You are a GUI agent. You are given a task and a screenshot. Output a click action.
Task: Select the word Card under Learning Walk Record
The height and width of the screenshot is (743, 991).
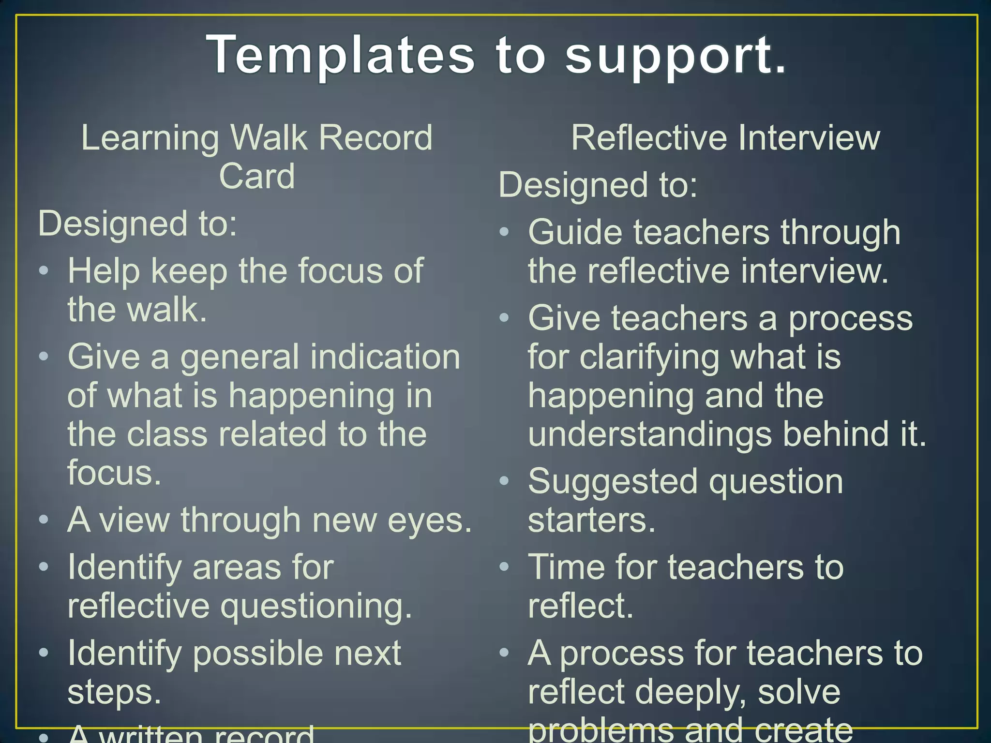[257, 176]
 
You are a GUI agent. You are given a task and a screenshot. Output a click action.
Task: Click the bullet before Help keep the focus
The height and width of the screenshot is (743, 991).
[44, 270]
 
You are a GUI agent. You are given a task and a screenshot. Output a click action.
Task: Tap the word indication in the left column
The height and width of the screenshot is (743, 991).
[385, 357]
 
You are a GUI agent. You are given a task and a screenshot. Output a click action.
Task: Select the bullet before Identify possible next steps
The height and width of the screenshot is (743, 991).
[44, 653]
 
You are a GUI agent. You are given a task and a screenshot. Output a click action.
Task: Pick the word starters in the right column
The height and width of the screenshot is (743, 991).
[591, 520]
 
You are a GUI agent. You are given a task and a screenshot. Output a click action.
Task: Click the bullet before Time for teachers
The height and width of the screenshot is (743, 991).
[504, 566]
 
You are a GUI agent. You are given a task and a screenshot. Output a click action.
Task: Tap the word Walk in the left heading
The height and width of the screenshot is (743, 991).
[269, 138]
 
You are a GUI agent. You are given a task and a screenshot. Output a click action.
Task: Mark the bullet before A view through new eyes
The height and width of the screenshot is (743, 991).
[44, 520]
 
